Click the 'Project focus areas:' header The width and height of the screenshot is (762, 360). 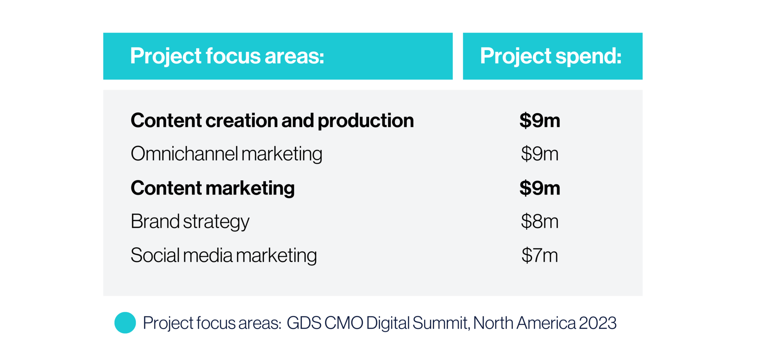[227, 56]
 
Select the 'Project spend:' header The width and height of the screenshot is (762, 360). [551, 56]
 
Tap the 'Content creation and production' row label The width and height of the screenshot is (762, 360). [272, 121]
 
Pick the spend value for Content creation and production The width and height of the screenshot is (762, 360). [540, 121]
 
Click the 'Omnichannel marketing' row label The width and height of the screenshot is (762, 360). [226, 154]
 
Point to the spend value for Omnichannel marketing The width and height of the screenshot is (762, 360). [540, 154]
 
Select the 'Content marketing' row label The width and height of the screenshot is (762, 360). [212, 188]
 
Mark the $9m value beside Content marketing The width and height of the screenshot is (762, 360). [540, 188]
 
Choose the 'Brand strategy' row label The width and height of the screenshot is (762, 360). [190, 222]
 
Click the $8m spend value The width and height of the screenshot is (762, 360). [540, 222]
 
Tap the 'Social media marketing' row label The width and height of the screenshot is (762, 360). [224, 255]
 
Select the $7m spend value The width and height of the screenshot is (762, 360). [540, 255]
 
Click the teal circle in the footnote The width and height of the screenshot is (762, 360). [125, 323]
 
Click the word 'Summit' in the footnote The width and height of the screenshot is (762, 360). [439, 323]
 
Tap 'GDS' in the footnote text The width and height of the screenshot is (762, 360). [304, 323]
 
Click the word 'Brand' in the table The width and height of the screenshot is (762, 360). [155, 222]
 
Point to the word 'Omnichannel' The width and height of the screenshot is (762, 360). [184, 154]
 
